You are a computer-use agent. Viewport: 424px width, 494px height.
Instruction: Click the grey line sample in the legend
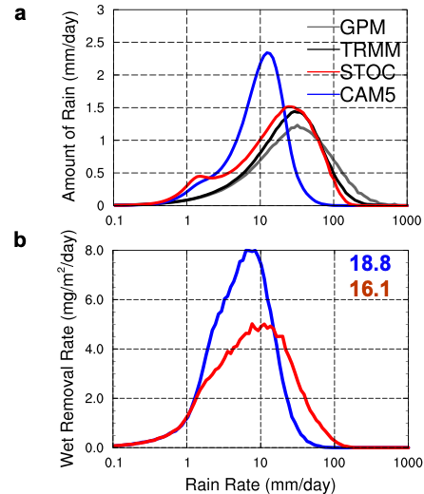[x=323, y=27]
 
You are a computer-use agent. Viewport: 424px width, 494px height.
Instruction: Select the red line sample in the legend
[x=323, y=71]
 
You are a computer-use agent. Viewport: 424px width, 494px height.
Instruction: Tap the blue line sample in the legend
[x=323, y=93]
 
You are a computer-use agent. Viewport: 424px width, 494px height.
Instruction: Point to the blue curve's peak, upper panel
[x=268, y=52]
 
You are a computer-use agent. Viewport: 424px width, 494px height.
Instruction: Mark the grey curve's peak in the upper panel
[x=299, y=125]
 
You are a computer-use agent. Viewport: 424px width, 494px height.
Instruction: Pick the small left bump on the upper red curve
[x=200, y=177]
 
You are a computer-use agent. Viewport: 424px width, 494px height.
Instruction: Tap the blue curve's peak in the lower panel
[x=250, y=250]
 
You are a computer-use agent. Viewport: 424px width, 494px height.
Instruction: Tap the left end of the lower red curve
[x=116, y=445]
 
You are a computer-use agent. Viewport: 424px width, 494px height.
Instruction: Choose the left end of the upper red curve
[x=116, y=204]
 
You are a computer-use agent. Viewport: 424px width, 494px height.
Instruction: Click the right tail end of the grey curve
[x=407, y=203]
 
